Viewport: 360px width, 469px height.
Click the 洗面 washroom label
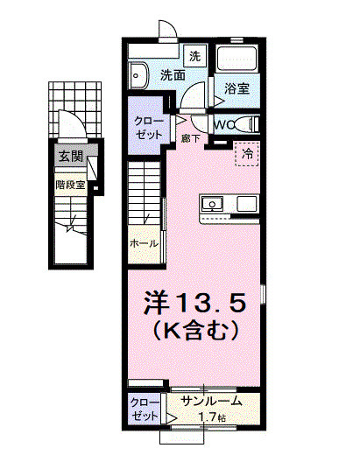pos(172,76)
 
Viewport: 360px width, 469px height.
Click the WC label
pos(222,124)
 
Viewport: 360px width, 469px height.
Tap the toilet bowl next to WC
pos(246,123)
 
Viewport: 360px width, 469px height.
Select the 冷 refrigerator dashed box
pos(248,152)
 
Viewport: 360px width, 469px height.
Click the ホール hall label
pos(143,242)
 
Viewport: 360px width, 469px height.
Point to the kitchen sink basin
pos(213,205)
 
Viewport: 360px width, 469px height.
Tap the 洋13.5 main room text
pos(201,303)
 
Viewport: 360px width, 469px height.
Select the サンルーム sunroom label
pos(210,402)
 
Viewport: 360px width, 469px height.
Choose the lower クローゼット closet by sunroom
pos(145,409)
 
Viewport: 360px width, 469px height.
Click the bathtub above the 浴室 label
pos(236,60)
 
